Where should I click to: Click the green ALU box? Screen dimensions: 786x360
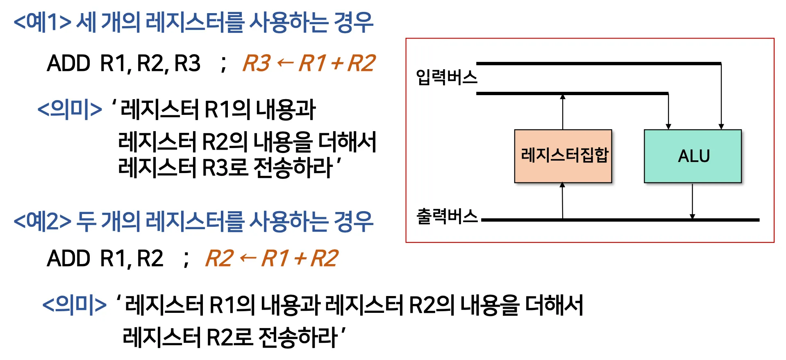click(693, 156)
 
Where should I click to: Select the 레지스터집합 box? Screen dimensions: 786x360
click(563, 156)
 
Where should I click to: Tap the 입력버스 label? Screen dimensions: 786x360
click(446, 77)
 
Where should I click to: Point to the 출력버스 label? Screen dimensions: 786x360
click(447, 216)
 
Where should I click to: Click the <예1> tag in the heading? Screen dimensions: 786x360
click(42, 23)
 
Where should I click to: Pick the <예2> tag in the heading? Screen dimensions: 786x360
click(42, 221)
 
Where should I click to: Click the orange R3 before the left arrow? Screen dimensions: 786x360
click(257, 64)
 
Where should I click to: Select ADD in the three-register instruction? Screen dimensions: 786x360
click(68, 64)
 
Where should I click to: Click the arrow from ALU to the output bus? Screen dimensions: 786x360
click(692, 201)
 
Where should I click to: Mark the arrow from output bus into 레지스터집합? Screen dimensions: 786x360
click(562, 201)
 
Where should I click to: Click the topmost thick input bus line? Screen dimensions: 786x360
click(598, 64)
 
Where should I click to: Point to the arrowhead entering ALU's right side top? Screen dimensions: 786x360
click(721, 126)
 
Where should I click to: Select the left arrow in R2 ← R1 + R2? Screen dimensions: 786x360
click(248, 258)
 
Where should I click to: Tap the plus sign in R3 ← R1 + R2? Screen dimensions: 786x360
click(337, 64)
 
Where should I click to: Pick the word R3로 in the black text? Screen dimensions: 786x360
click(225, 168)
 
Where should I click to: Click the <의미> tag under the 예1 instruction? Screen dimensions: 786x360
click(70, 109)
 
